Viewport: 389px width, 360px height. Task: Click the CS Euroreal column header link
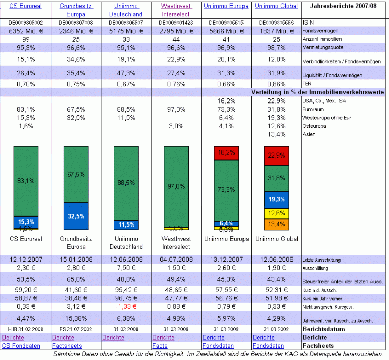pyautogui.click(x=25, y=6)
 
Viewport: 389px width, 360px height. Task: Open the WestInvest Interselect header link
pyautogui.click(x=175, y=10)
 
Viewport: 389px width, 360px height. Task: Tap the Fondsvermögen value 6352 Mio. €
pyautogui.click(x=25, y=31)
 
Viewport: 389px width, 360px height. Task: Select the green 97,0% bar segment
pyautogui.click(x=175, y=186)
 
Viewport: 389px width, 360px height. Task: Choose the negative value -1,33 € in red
pyautogui.click(x=125, y=306)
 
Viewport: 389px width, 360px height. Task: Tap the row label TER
pyautogui.click(x=307, y=84)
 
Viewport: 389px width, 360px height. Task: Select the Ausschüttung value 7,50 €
pyautogui.click(x=125, y=268)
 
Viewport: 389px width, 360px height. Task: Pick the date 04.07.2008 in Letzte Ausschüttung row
pyautogui.click(x=175, y=260)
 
